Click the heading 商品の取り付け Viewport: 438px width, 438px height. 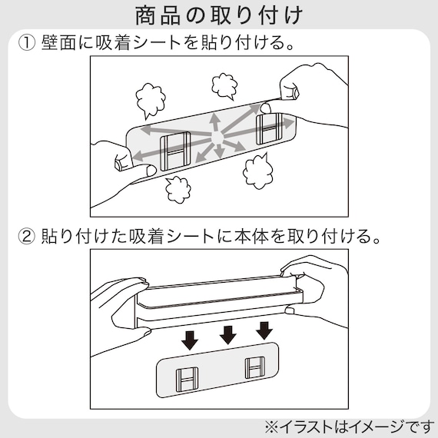pos(218,15)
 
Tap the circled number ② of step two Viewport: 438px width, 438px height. pos(27,234)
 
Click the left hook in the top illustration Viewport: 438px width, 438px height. pos(175,150)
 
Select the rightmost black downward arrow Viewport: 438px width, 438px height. pos(264,331)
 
